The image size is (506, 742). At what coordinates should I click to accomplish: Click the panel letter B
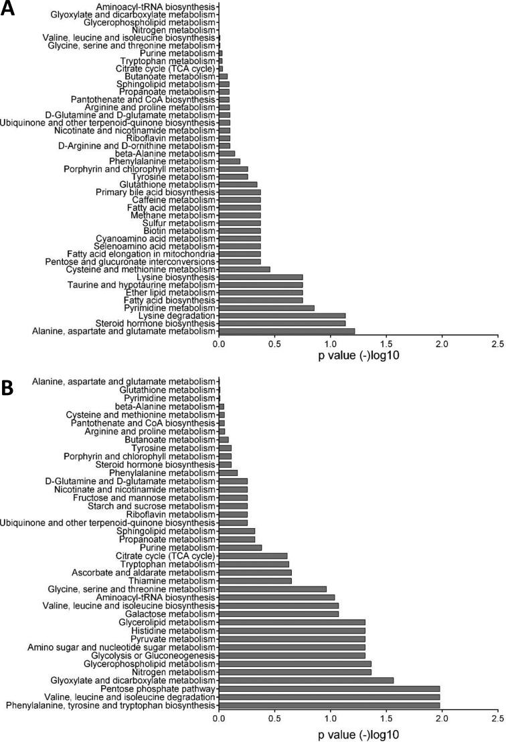pyautogui.click(x=9, y=389)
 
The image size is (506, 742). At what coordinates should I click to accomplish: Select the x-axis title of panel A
pyautogui.click(x=359, y=356)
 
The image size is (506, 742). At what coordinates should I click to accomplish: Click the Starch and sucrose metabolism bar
pyautogui.click(x=233, y=506)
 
